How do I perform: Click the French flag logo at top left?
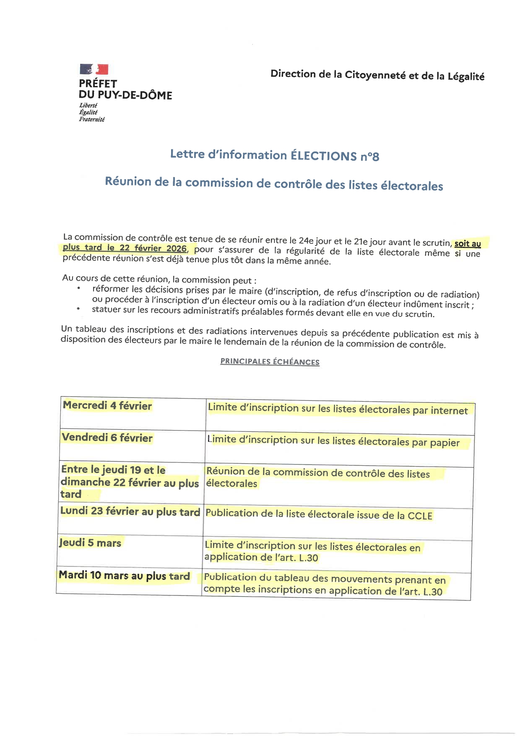point(94,69)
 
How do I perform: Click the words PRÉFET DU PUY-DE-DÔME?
point(125,89)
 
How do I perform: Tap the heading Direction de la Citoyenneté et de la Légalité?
point(377,75)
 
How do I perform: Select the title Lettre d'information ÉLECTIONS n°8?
point(275,155)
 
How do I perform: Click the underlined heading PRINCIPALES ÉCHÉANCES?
point(270,361)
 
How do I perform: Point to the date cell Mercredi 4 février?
point(107,405)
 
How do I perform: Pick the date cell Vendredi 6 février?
point(107,438)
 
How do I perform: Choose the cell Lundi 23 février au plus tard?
point(130,512)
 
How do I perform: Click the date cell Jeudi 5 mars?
point(90,543)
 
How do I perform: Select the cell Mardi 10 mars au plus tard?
point(125,575)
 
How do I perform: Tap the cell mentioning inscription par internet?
point(338,409)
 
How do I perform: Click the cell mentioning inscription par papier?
point(334,441)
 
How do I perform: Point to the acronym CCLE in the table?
point(420,516)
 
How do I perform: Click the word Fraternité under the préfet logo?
point(92,119)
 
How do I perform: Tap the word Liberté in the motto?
point(88,105)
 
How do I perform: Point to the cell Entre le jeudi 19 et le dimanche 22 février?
point(130,482)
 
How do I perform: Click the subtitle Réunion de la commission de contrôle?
point(274,183)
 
